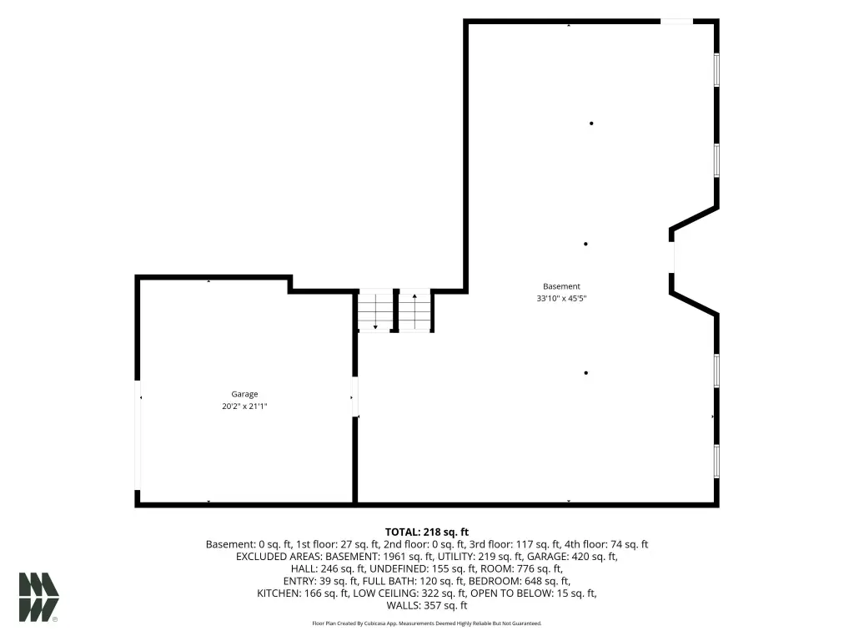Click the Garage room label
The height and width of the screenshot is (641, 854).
pos(244,394)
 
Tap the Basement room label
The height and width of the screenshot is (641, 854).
pos(561,286)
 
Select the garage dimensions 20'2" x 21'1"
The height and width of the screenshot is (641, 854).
pos(244,406)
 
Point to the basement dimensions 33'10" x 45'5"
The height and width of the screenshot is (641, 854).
pos(561,298)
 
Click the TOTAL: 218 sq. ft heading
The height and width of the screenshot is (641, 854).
pos(427,532)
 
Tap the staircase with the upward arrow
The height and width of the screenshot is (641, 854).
pos(415,310)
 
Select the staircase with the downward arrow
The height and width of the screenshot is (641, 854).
pos(375,310)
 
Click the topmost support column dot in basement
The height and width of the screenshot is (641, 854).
pos(591,124)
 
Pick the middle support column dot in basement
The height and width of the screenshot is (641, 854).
pos(585,245)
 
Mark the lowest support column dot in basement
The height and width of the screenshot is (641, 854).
pos(586,373)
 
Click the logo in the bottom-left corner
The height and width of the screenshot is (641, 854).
pos(38,597)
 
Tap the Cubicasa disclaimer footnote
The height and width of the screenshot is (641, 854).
pos(427,623)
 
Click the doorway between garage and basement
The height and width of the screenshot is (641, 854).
pos(355,396)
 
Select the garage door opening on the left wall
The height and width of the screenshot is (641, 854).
pos(138,435)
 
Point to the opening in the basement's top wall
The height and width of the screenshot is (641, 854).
pos(676,22)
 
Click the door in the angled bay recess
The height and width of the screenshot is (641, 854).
pos(672,257)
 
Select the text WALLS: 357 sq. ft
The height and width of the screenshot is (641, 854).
pos(427,606)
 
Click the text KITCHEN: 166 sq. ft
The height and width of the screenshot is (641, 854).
pos(303,593)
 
